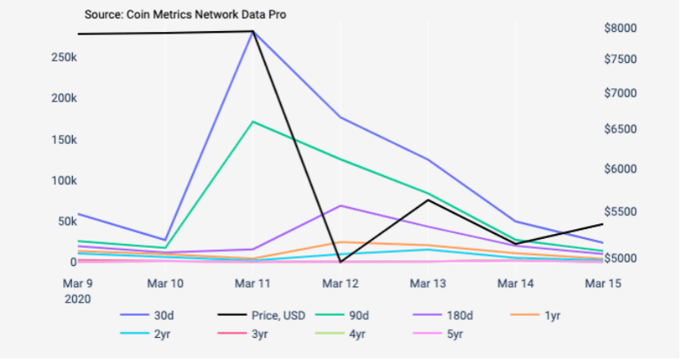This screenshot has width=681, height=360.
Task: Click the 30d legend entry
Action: click(147, 315)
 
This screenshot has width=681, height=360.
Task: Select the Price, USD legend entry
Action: click(261, 315)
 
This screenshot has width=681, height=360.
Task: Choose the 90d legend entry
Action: click(342, 315)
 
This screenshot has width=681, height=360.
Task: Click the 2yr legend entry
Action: click(145, 334)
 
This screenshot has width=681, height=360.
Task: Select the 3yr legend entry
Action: click(243, 334)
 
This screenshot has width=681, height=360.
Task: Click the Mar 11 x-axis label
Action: click(252, 284)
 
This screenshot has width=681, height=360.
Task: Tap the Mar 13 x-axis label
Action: click(428, 284)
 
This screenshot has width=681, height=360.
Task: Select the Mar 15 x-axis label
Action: click(602, 284)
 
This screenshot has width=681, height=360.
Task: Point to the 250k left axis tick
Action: click(65, 57)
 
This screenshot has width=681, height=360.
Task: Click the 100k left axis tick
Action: click(65, 180)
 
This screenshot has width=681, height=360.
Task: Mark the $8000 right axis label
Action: click(620, 28)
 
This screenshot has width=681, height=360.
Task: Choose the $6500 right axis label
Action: click(620, 129)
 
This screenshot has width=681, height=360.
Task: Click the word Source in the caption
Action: click(103, 15)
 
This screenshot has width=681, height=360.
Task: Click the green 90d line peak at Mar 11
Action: click(253, 122)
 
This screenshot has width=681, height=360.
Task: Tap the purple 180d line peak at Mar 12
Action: click(341, 205)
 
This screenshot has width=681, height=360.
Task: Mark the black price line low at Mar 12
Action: click(341, 262)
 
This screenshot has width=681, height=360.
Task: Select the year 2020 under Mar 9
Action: click(78, 299)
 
